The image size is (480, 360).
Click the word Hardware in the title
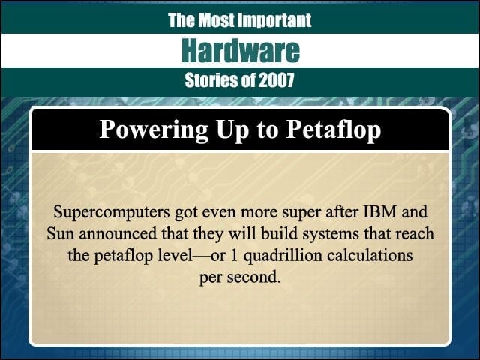tap(241, 51)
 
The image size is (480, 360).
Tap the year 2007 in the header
tap(277, 80)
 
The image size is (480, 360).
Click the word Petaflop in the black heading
tap(333, 130)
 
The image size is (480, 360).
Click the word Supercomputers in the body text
tap(112, 212)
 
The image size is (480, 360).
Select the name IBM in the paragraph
tap(379, 211)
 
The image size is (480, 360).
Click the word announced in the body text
tap(118, 234)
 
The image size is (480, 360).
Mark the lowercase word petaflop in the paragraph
tap(123, 256)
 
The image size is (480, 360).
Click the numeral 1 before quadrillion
tap(235, 255)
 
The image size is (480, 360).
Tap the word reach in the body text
tap(415, 234)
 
